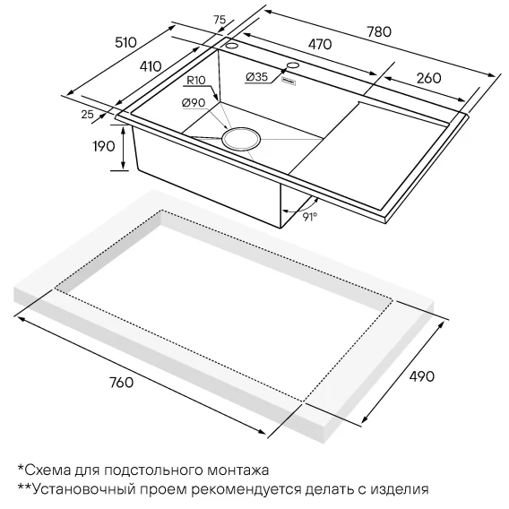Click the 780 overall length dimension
coord(379,31)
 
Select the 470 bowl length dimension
coord(320,45)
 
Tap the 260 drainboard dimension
coord(429,78)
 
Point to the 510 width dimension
coord(126,42)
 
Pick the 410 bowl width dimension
coord(151,66)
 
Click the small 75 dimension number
coord(220,20)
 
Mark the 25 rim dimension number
coord(87,115)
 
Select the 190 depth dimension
coord(104,146)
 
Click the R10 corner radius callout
coord(196,80)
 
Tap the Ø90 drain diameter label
coord(194,103)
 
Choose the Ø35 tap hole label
coord(257,77)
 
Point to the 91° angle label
coord(310,217)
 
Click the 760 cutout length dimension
coord(121,382)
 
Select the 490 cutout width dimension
coord(421,376)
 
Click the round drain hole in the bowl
coord(241,139)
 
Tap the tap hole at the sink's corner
coord(232,45)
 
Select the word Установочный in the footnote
coord(84,489)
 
